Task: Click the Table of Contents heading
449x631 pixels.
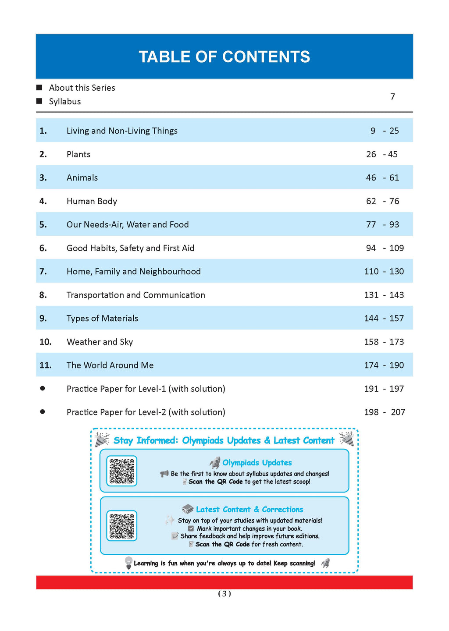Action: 224,57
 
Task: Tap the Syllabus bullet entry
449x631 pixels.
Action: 65,101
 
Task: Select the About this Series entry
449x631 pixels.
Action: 82,88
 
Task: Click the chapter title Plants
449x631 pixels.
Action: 78,154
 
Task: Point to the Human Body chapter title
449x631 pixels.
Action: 92,201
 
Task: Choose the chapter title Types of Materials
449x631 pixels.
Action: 102,319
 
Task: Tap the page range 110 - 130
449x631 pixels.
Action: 384,271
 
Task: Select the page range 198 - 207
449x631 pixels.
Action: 384,412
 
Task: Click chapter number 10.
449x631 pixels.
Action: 45,342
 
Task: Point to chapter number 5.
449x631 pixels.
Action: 43,225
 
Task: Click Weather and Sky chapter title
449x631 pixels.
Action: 100,342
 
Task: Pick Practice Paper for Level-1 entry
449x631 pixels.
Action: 146,389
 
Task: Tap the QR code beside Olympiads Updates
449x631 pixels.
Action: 122,471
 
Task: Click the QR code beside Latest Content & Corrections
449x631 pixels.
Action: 122,526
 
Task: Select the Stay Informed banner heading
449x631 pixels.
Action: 224,440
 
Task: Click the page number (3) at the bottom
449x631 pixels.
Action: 224,594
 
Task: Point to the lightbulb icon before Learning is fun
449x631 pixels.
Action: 128,563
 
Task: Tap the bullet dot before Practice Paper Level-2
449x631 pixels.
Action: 42,412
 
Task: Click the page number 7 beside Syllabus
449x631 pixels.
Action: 392,96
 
